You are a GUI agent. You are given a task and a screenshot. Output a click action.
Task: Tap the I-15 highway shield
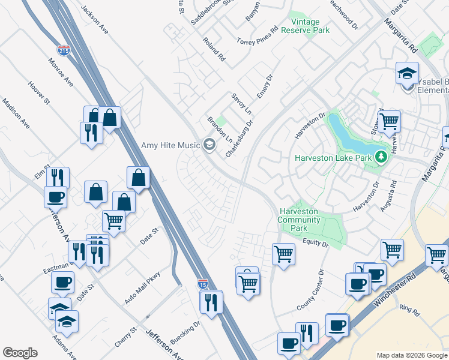point(203,283)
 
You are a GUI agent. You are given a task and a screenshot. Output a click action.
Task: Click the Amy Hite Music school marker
point(209,144)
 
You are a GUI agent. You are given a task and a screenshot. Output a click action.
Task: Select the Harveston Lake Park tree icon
point(379,158)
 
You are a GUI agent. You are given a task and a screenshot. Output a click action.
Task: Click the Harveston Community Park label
point(301,220)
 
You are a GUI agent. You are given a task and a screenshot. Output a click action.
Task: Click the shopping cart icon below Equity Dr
point(283,253)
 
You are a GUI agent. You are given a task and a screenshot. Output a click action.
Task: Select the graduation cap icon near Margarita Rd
point(407,74)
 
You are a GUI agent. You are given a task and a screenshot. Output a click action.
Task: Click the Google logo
point(20,353)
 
